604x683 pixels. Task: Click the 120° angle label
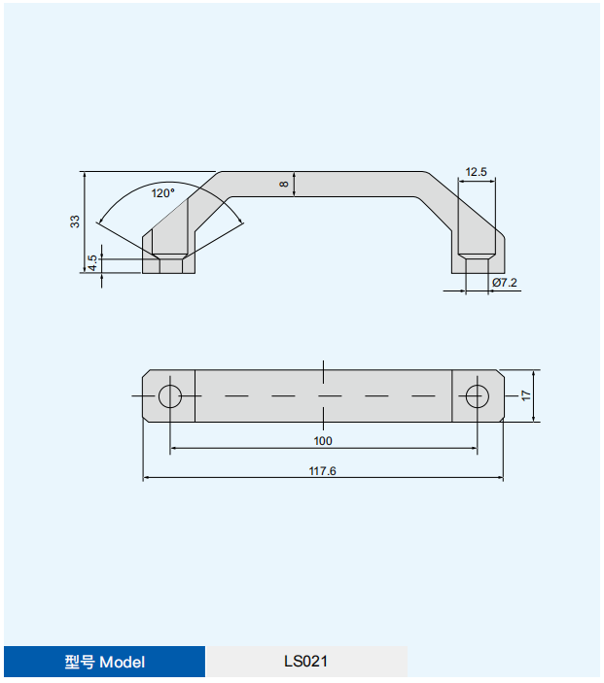[163, 193]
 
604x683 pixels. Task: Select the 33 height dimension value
[75, 222]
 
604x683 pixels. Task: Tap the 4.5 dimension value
[92, 262]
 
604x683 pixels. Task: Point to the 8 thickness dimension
[284, 185]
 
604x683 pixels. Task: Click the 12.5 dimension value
[476, 172]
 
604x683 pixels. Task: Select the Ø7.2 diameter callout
[505, 283]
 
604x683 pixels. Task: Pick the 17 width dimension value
[526, 396]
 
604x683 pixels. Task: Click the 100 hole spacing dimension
[323, 441]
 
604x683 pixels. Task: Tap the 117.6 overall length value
[322, 471]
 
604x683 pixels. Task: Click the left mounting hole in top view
[170, 396]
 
